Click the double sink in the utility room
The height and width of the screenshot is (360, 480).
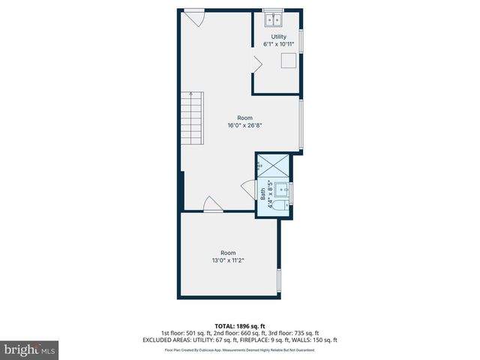pos(273,19)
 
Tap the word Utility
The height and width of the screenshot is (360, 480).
pos(278,36)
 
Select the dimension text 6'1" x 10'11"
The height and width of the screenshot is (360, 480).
pos(278,44)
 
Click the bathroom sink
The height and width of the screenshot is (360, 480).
pos(281,189)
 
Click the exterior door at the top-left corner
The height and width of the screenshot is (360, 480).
pos(194,16)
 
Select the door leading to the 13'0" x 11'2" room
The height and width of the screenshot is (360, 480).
pos(212,204)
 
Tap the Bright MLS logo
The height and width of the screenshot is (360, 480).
pos(29,349)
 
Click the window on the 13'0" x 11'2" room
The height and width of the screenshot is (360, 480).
pos(279,280)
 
